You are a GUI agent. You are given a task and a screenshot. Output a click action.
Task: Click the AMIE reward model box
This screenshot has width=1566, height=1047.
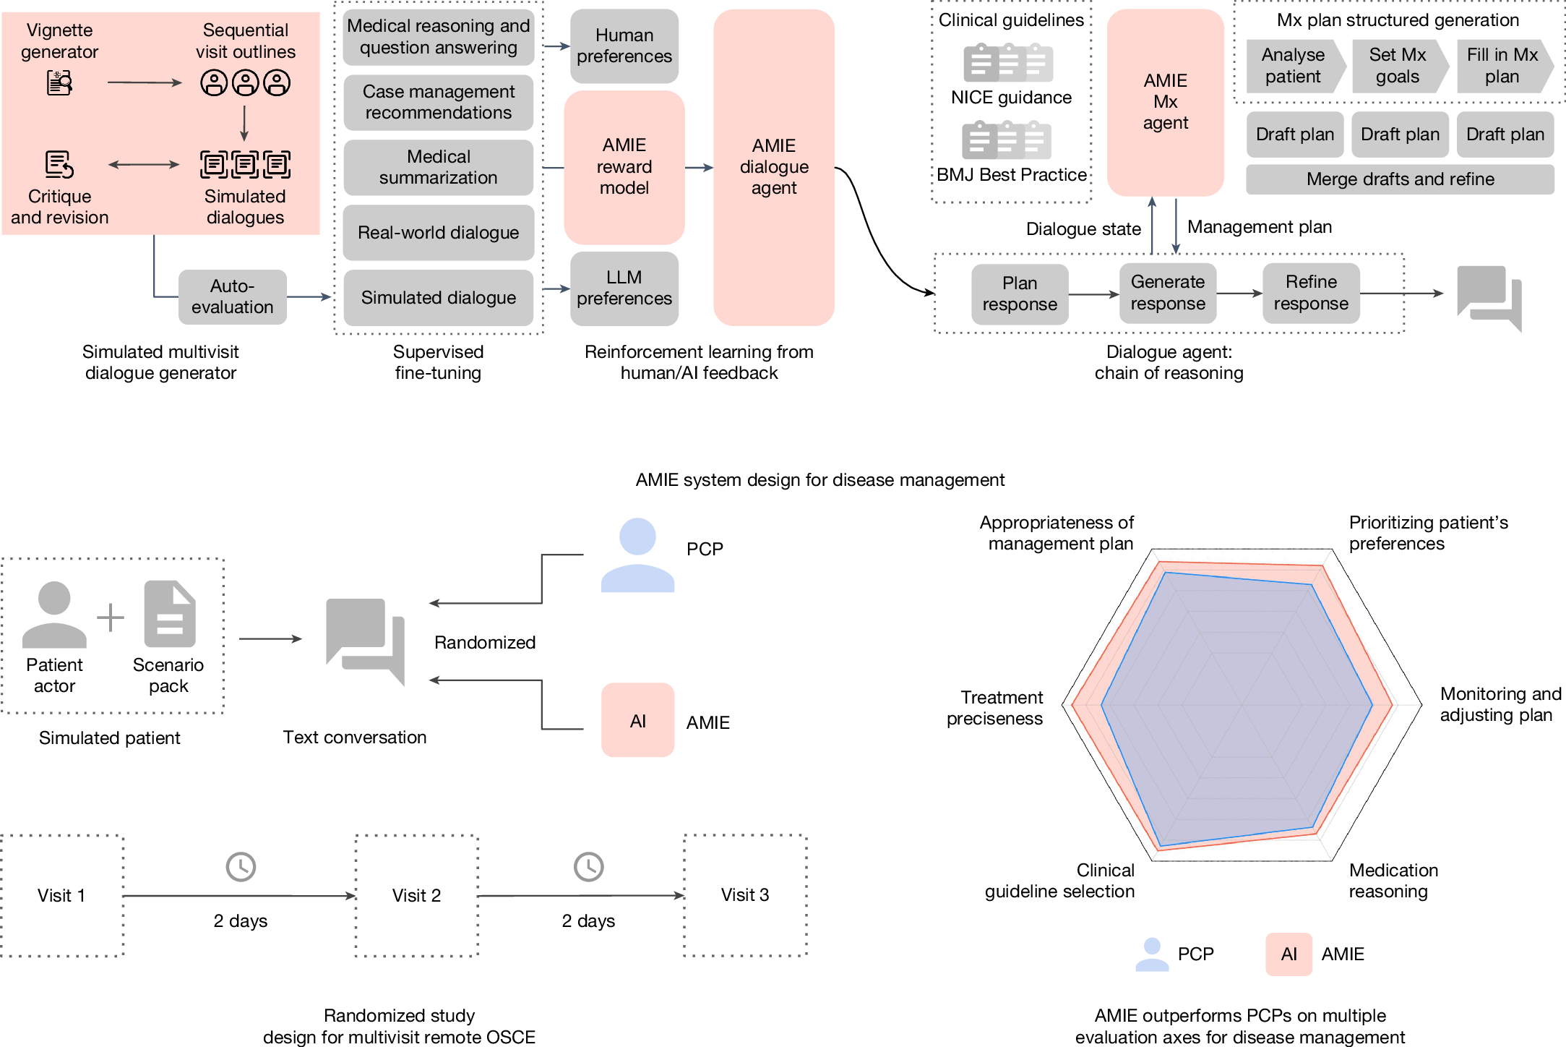624,167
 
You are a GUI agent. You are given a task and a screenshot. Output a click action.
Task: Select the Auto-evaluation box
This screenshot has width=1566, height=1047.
232,296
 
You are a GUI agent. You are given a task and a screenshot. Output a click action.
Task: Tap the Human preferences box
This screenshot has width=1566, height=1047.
624,46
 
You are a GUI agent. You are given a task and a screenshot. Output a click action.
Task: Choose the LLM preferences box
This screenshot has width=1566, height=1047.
624,288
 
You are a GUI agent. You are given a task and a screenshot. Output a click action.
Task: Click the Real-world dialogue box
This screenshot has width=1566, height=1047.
438,232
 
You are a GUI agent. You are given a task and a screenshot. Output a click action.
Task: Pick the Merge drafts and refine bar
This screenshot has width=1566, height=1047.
1400,179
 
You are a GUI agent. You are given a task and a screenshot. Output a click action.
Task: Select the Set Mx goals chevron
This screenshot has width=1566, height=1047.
1400,66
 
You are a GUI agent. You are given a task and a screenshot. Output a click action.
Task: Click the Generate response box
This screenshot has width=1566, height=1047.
1167,293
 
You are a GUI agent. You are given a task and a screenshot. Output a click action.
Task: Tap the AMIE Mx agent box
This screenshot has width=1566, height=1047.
1165,102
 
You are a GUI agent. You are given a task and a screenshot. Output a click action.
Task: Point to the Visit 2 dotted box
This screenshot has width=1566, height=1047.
417,895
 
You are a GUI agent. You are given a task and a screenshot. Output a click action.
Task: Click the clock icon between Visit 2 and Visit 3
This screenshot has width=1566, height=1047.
589,866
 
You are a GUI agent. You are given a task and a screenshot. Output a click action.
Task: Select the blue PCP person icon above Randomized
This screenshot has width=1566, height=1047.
637,555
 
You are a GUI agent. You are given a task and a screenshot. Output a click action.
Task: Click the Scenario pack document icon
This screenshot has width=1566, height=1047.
170,613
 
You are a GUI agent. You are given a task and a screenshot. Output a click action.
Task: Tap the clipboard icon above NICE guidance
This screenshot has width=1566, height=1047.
1008,62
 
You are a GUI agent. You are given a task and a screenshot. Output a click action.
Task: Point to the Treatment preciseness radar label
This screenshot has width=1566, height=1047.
995,708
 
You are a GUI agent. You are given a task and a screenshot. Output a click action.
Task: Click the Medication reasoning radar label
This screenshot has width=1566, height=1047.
1393,881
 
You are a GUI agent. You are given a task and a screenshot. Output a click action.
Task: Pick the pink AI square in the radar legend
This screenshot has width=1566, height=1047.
1288,954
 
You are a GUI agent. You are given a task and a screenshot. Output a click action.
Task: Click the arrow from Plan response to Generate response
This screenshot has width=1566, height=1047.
1094,294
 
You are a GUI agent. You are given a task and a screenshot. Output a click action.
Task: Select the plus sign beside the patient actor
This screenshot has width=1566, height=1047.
111,617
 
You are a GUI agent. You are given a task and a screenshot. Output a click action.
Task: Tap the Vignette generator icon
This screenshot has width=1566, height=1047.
59,82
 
